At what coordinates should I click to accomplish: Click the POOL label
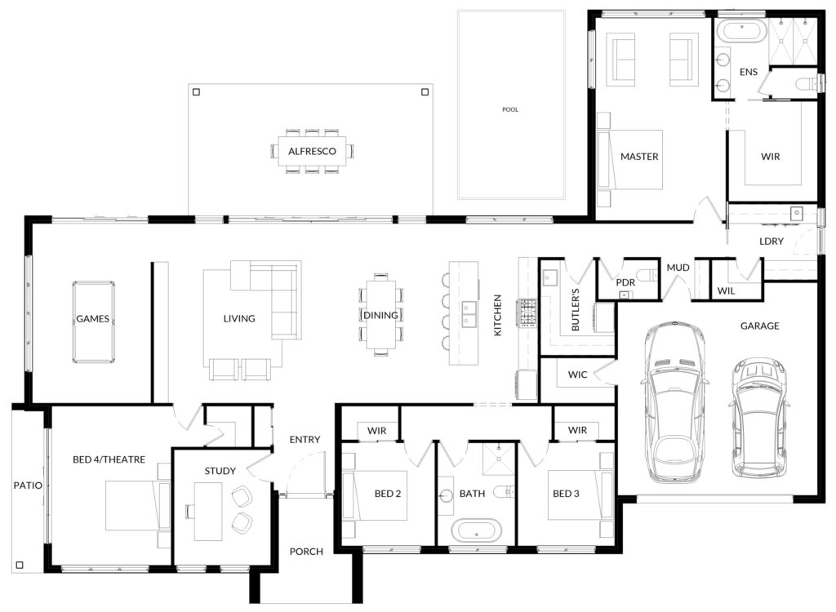(x=509, y=109)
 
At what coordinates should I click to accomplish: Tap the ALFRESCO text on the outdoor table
(x=312, y=151)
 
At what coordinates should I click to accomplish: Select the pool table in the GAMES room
(x=93, y=322)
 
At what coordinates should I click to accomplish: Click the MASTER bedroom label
(x=639, y=156)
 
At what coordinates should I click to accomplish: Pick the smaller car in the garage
(x=758, y=417)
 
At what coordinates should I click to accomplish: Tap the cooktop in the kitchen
(x=527, y=313)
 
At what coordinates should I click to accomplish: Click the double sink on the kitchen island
(x=469, y=314)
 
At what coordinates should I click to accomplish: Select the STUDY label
(x=220, y=471)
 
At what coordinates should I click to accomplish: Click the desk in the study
(x=208, y=512)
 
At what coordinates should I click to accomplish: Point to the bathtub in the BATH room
(x=477, y=531)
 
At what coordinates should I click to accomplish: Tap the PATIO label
(x=28, y=486)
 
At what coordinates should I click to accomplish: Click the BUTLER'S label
(x=576, y=310)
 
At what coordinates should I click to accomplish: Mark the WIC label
(x=577, y=375)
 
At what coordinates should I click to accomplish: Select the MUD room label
(x=678, y=268)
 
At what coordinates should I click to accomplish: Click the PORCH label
(x=306, y=552)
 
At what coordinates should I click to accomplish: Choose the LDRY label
(x=772, y=241)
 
